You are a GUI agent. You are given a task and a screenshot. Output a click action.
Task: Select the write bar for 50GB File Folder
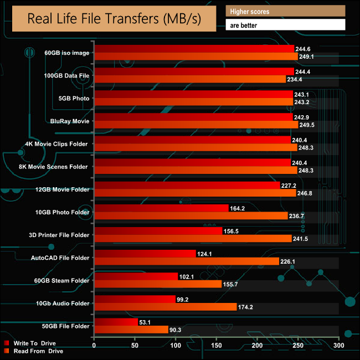tap(116, 322)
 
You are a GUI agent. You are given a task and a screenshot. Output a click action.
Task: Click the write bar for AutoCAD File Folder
tap(145, 254)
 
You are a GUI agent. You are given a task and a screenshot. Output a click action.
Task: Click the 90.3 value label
tap(177, 330)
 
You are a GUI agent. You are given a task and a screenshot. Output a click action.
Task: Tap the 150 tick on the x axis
tap(216, 346)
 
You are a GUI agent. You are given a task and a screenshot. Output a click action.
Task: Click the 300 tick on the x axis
tap(338, 346)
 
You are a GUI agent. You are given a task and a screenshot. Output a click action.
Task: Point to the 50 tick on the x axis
tap(135, 346)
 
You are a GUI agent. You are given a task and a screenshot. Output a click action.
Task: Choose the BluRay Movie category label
tap(70, 121)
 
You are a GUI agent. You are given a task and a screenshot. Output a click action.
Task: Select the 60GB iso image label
tap(66, 53)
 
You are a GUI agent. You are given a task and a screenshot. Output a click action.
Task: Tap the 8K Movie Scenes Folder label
tap(57, 167)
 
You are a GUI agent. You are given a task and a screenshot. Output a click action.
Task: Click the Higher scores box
tap(285, 11)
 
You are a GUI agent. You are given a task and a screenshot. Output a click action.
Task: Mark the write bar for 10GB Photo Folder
tap(161, 208)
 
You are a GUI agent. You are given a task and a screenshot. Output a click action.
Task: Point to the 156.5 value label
tap(234, 231)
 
